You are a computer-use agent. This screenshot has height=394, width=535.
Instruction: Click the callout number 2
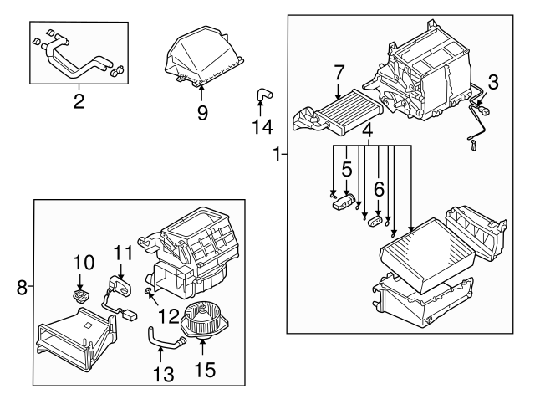79,103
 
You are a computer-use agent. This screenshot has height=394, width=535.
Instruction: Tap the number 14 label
262,126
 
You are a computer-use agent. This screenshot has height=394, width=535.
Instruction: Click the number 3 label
493,82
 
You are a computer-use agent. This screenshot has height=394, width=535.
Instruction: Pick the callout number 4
367,130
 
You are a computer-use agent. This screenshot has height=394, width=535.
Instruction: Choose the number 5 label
346,168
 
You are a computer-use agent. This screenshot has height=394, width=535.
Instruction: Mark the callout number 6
379,190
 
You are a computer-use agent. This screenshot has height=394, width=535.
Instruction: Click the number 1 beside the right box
277,154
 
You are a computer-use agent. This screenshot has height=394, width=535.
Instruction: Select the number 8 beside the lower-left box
23,289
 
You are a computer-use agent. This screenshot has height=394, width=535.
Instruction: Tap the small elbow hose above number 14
262,96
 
